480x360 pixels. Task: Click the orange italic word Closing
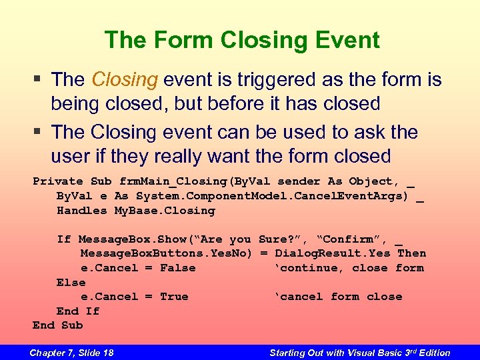pos(124,80)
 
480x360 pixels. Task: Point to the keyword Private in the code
pos(58,181)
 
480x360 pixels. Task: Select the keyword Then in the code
pos(411,253)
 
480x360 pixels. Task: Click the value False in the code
pos(178,268)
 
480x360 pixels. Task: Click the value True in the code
pos(174,297)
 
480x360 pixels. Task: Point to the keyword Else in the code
pos(71,282)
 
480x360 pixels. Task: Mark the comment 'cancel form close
pos(338,297)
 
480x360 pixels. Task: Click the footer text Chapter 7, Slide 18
pos(71,353)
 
